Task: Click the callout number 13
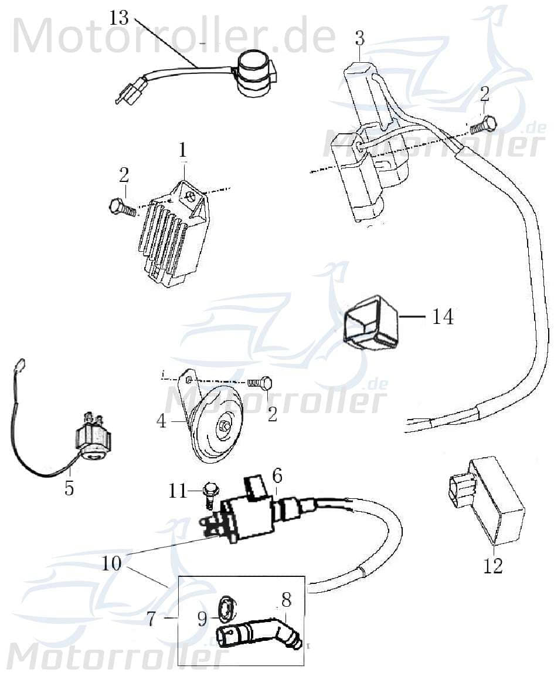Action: click(x=119, y=18)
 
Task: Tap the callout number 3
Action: click(x=359, y=39)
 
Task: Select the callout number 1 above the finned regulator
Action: click(x=183, y=150)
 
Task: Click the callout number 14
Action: click(x=443, y=317)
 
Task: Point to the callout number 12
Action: click(x=494, y=566)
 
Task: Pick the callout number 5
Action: click(x=69, y=488)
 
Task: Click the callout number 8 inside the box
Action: click(x=286, y=600)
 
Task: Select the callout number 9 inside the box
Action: click(x=202, y=619)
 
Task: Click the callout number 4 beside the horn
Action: click(x=162, y=421)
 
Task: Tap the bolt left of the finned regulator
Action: click(x=121, y=207)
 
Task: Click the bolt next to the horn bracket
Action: click(x=260, y=383)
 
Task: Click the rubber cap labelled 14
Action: click(x=369, y=323)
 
